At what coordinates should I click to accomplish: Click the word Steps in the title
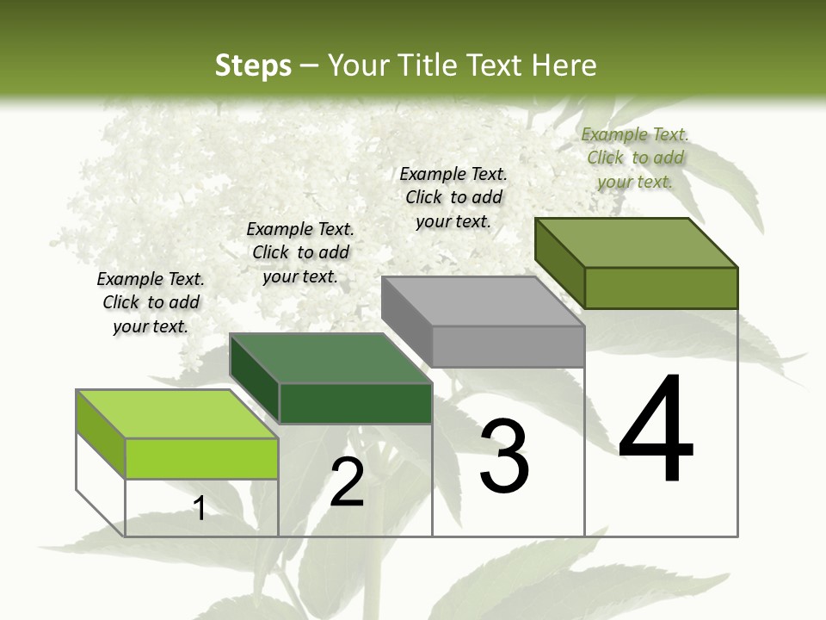pos(253,65)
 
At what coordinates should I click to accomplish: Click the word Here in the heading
pos(565,65)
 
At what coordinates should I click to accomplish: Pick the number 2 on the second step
pos(347,482)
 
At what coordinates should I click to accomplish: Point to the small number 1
pos(200,508)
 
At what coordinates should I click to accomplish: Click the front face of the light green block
pos(201,458)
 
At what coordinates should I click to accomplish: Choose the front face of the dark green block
pos(355,403)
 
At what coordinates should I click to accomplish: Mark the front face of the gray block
pos(508,346)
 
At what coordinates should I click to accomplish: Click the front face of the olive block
pos(661,288)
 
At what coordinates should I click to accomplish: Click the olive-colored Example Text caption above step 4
pos(635,158)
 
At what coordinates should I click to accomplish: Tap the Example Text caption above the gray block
pos(453,197)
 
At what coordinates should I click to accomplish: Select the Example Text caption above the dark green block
pos(300,252)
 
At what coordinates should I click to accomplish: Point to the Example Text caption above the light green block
pos(151,302)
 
